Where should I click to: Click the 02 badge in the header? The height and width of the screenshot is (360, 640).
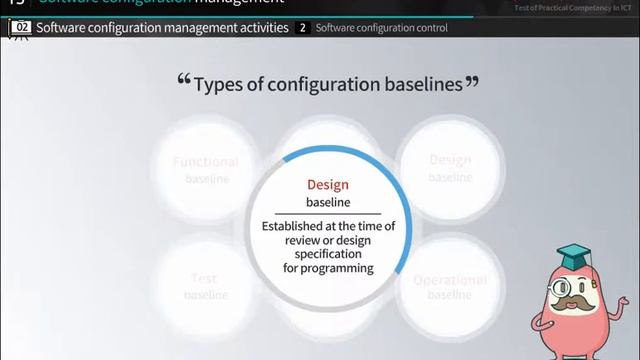click(19, 28)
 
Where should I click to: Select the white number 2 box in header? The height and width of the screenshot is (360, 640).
click(303, 28)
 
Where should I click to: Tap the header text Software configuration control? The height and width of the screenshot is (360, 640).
click(381, 28)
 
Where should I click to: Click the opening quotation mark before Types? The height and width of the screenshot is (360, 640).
click(183, 82)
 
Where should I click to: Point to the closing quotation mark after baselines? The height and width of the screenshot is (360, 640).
click(472, 82)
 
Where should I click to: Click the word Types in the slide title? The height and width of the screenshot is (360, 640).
click(219, 85)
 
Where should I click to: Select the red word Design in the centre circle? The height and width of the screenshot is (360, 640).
click(328, 185)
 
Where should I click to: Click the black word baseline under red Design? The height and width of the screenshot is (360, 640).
click(328, 203)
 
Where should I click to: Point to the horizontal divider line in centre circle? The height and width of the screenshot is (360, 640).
click(328, 214)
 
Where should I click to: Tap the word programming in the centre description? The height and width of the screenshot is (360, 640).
click(328, 268)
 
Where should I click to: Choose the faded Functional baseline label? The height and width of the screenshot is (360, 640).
click(206, 169)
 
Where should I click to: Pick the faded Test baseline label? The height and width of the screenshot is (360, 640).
click(206, 286)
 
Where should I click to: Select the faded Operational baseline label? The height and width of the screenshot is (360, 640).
click(450, 286)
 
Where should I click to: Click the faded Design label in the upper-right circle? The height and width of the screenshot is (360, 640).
click(450, 160)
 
